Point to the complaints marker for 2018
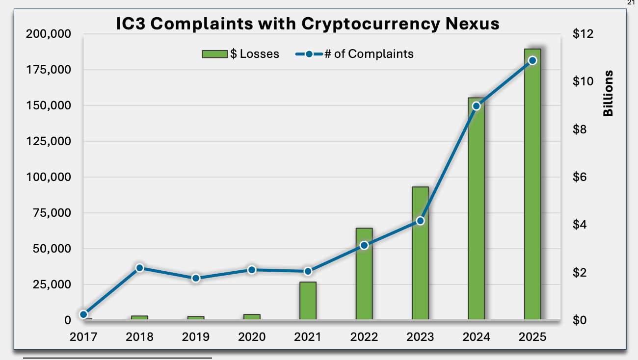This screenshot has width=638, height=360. [139, 268]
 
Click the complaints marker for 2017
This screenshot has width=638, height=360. [83, 314]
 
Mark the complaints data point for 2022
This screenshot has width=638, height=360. [364, 245]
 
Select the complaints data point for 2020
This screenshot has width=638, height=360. [252, 270]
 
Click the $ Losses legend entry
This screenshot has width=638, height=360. [240, 54]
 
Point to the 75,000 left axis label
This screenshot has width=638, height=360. [51, 213]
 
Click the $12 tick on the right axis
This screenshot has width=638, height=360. [583, 34]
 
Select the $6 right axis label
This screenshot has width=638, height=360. [583, 177]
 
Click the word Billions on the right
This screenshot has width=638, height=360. [608, 93]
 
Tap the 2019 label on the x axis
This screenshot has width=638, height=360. [195, 337]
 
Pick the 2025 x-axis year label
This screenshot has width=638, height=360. [532, 337]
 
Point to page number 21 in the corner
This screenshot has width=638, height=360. [631, 3]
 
